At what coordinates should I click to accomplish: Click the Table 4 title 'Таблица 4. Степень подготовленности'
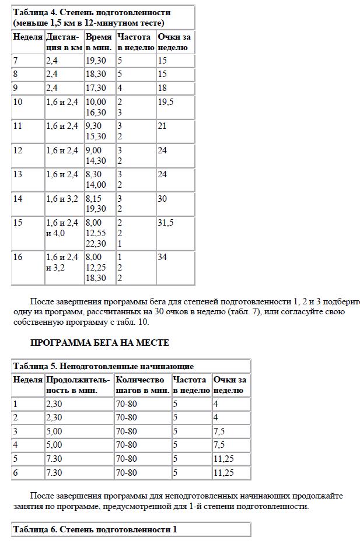[92, 12]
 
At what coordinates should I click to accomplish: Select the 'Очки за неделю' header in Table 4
[174, 42]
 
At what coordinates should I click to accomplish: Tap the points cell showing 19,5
[166, 101]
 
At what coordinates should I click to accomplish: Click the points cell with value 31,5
[166, 223]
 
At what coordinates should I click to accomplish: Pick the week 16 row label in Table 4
[18, 257]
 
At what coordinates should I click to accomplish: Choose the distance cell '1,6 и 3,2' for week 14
[62, 199]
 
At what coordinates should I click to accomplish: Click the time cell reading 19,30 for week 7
[96, 61]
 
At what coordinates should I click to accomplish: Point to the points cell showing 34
[162, 257]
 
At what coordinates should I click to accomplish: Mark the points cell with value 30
[162, 199]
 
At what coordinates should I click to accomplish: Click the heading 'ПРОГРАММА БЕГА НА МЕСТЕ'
[99, 343]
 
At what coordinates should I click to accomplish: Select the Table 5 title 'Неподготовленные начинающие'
[103, 366]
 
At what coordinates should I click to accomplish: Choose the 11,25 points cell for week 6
[223, 473]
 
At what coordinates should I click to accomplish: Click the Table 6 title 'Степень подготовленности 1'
[95, 529]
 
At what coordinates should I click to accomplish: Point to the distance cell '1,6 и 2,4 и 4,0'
[62, 228]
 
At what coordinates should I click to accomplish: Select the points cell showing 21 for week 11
[162, 126]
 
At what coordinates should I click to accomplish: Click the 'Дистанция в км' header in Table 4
[64, 42]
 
